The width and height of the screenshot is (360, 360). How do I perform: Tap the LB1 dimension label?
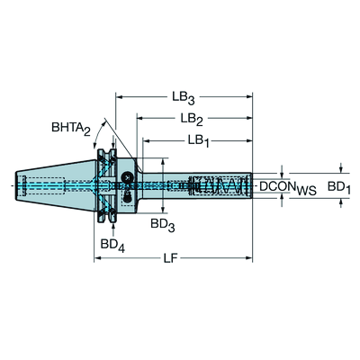point(199,142)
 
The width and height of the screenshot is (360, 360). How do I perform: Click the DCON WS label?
point(287,186)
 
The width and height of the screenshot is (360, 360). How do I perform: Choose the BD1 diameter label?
point(339,186)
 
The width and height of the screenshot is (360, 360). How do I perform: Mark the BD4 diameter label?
point(112,245)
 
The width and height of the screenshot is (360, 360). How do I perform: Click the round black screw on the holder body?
point(128,175)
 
